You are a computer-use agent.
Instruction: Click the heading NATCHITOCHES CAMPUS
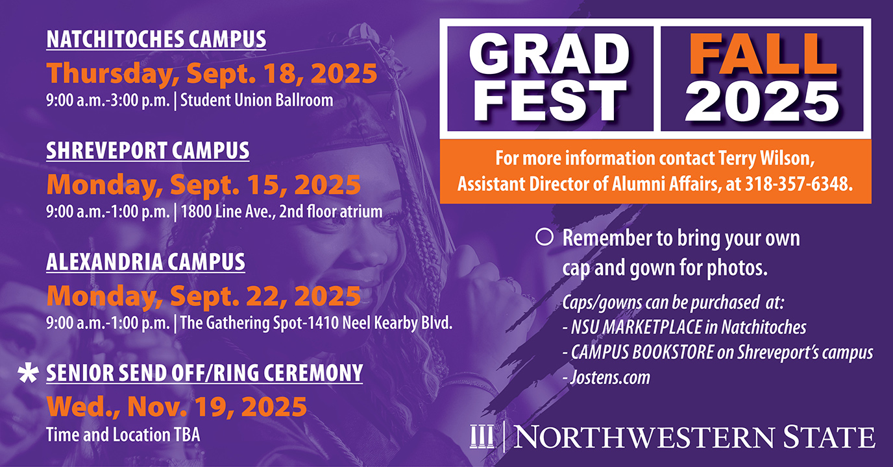(156, 39)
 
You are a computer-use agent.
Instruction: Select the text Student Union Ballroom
(257, 100)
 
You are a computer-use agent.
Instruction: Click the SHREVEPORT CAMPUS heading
(148, 150)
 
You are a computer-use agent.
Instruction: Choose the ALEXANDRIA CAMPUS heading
(145, 262)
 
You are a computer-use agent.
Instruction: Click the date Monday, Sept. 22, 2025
(204, 296)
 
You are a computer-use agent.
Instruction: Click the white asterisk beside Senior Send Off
(29, 374)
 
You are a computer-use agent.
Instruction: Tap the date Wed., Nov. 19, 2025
(177, 407)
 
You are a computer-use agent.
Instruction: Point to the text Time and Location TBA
(123, 435)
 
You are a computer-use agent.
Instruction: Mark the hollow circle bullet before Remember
(544, 237)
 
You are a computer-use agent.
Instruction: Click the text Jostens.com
(610, 377)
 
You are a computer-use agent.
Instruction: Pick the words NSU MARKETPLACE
(636, 327)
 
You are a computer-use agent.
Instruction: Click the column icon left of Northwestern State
(482, 437)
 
